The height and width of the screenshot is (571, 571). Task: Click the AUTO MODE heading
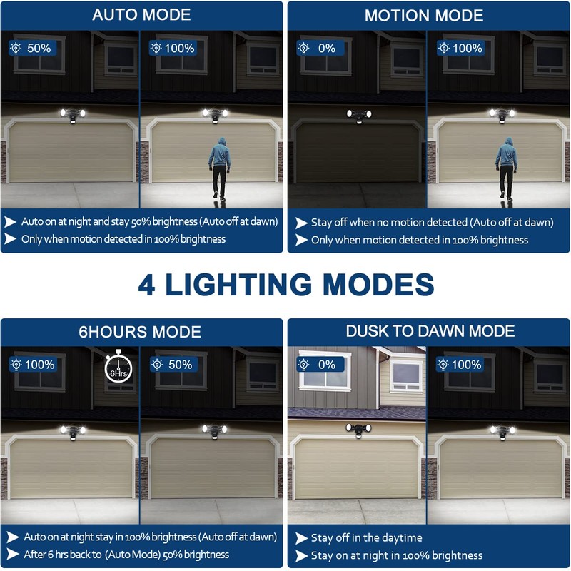141,15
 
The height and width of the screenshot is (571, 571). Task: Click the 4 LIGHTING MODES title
286,285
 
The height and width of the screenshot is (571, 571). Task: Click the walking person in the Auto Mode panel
220,167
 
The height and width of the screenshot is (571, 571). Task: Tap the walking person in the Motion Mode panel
507,167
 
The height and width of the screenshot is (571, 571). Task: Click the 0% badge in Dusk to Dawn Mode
319,365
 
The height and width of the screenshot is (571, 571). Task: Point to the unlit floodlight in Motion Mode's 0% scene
358,115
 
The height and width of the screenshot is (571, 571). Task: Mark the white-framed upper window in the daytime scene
325,370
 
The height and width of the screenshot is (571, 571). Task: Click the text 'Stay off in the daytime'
367,537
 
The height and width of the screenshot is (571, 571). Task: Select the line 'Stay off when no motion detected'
432,222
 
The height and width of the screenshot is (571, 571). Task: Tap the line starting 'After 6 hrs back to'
126,554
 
